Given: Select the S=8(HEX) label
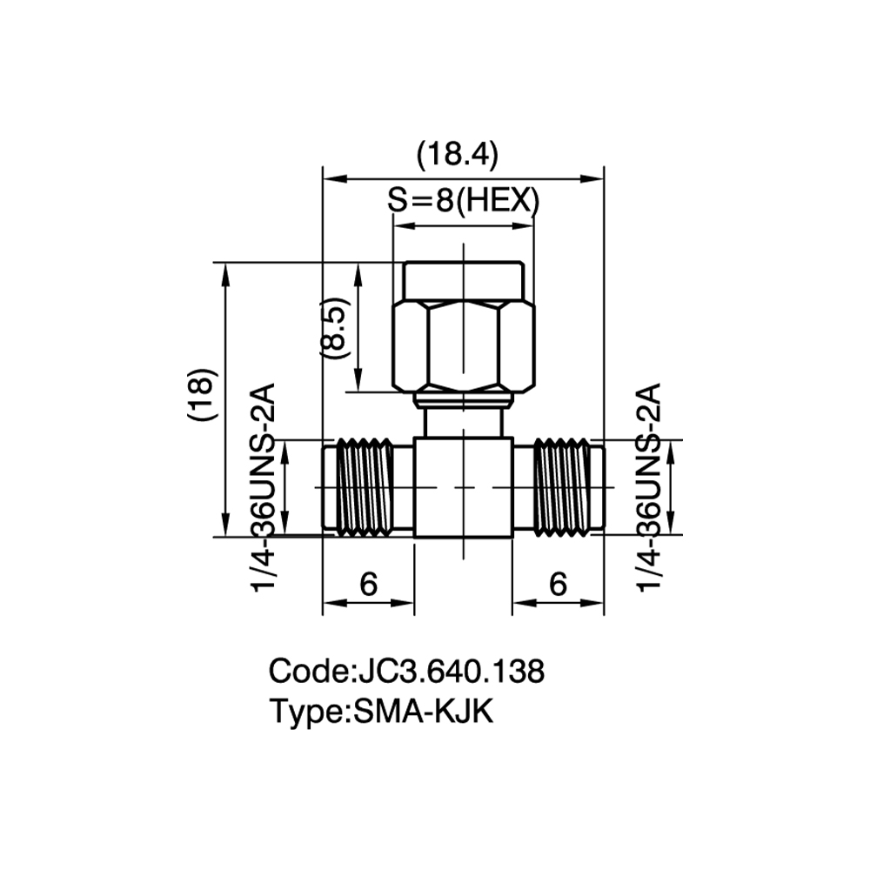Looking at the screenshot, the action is (x=464, y=200).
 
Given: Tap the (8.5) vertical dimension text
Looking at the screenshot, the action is (x=335, y=328).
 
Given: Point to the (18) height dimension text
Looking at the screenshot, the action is (x=202, y=394).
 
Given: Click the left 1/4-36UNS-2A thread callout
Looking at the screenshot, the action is (x=264, y=487).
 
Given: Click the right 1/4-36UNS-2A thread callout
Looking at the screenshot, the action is (x=649, y=487).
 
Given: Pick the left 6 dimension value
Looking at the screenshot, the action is (x=368, y=584).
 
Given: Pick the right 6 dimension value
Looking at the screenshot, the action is (x=559, y=584).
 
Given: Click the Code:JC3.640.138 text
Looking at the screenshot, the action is (x=406, y=671).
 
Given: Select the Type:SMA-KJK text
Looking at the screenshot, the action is (x=381, y=712).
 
